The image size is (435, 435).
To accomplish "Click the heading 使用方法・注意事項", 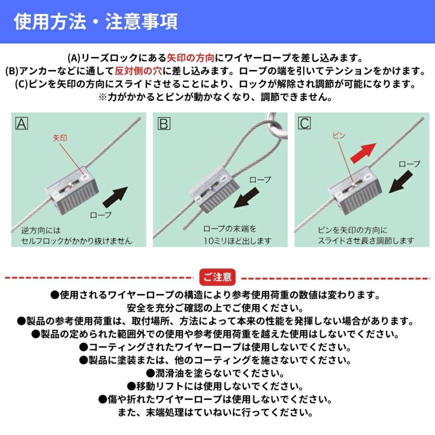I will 95,22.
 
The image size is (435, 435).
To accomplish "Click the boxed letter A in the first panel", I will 22,124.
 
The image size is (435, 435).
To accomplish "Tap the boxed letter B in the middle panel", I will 164,124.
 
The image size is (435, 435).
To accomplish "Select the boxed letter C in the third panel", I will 304,124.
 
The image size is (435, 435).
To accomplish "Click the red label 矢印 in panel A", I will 59,138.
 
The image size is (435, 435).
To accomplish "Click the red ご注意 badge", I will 217,277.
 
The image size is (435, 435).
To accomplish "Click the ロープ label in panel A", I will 101,215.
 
